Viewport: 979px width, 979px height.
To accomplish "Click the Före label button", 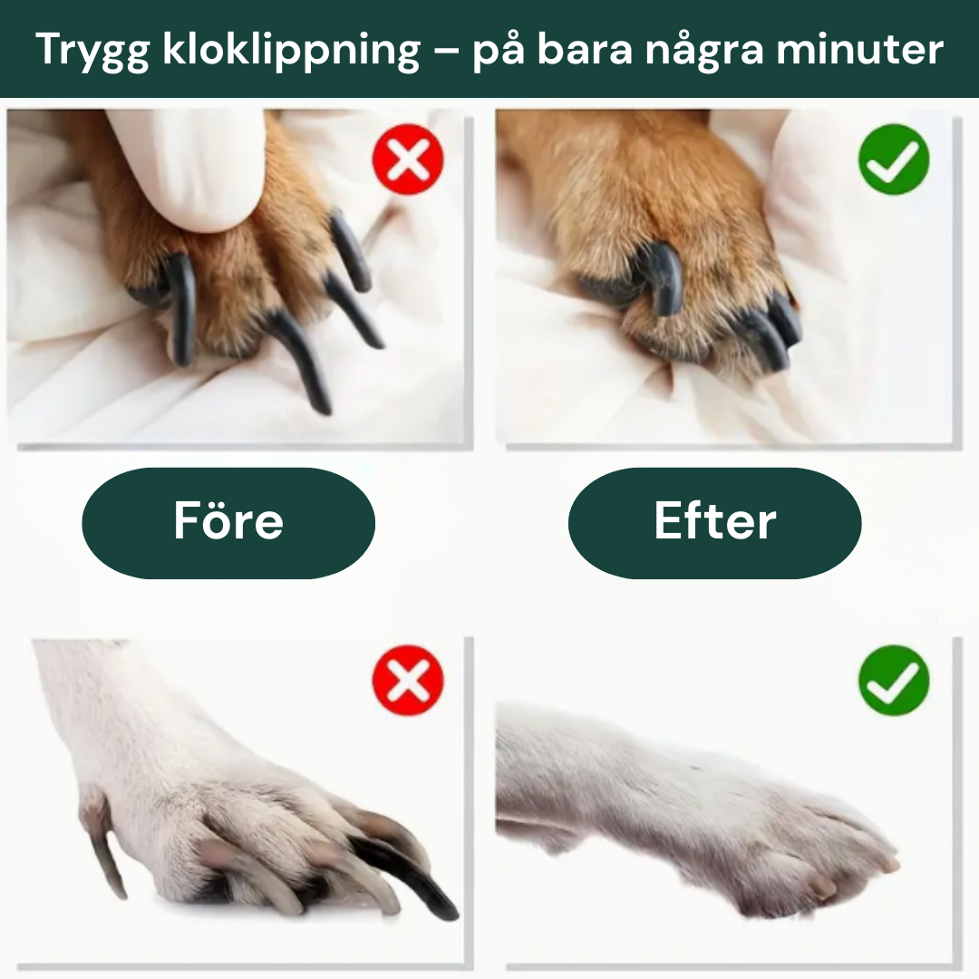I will coord(228,522).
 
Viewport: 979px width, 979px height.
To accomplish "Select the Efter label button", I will coord(714,522).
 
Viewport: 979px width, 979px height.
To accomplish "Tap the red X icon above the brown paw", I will coord(408,160).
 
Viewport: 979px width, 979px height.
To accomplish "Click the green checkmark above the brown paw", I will coord(894,160).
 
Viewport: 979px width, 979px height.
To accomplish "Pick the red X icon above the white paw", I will coord(408,681).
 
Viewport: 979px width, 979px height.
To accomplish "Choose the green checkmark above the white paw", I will coord(894,681).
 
